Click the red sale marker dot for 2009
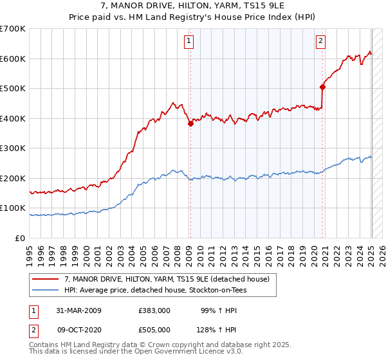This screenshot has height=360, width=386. pyautogui.click(x=190, y=123)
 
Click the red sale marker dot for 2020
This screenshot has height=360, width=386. pyautogui.click(x=323, y=87)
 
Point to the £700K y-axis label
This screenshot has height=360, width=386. pyautogui.click(x=13, y=29)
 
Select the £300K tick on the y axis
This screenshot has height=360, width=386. pyautogui.click(x=13, y=148)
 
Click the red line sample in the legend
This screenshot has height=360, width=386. pyautogui.click(x=46, y=279)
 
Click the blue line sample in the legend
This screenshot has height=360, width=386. pyautogui.click(x=46, y=290)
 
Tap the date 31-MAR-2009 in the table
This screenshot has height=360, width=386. pyautogui.click(x=78, y=310)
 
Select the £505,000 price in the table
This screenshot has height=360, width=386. pyautogui.click(x=154, y=330)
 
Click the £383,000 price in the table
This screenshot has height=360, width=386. pyautogui.click(x=154, y=310)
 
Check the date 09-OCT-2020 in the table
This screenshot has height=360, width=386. pyautogui.click(x=78, y=330)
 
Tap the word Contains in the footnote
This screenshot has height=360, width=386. pyautogui.click(x=44, y=346)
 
